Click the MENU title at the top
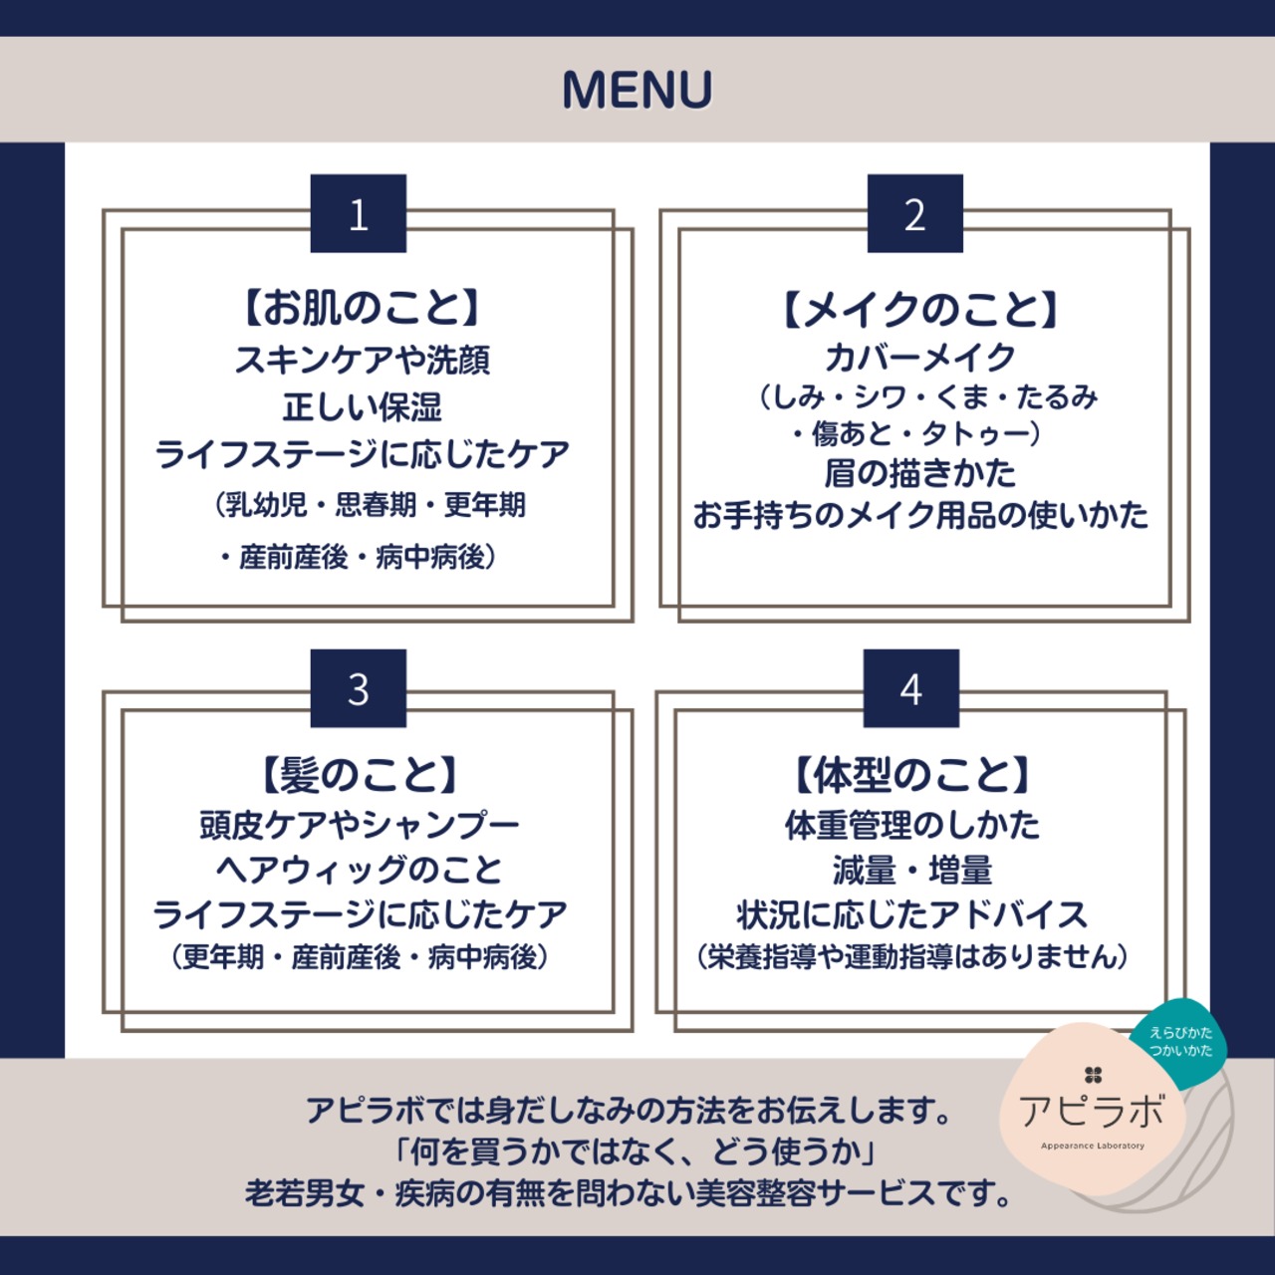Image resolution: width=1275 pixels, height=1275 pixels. [x=637, y=90]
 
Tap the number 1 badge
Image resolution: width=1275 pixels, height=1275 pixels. [x=359, y=213]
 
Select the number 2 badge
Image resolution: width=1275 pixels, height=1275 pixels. [x=914, y=213]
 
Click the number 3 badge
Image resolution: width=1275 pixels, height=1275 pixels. [x=359, y=688]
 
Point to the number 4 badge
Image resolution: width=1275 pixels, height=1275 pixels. [x=910, y=688]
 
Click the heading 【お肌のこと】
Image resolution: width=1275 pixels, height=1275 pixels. [x=362, y=308]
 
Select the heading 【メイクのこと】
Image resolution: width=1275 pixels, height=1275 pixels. [x=918, y=310]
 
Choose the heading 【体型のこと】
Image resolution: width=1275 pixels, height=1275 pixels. [x=911, y=775]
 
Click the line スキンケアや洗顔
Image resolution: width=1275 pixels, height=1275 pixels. [x=362, y=360]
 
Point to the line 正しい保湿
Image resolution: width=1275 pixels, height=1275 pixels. [x=362, y=406]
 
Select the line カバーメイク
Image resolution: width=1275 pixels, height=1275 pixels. [x=918, y=357]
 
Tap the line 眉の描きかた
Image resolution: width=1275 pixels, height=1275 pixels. [x=918, y=472]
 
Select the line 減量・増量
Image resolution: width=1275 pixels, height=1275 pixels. [x=911, y=871]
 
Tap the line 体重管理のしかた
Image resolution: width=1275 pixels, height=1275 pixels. [x=911, y=825]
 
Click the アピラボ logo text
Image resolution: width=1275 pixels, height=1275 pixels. [x=1092, y=1110]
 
